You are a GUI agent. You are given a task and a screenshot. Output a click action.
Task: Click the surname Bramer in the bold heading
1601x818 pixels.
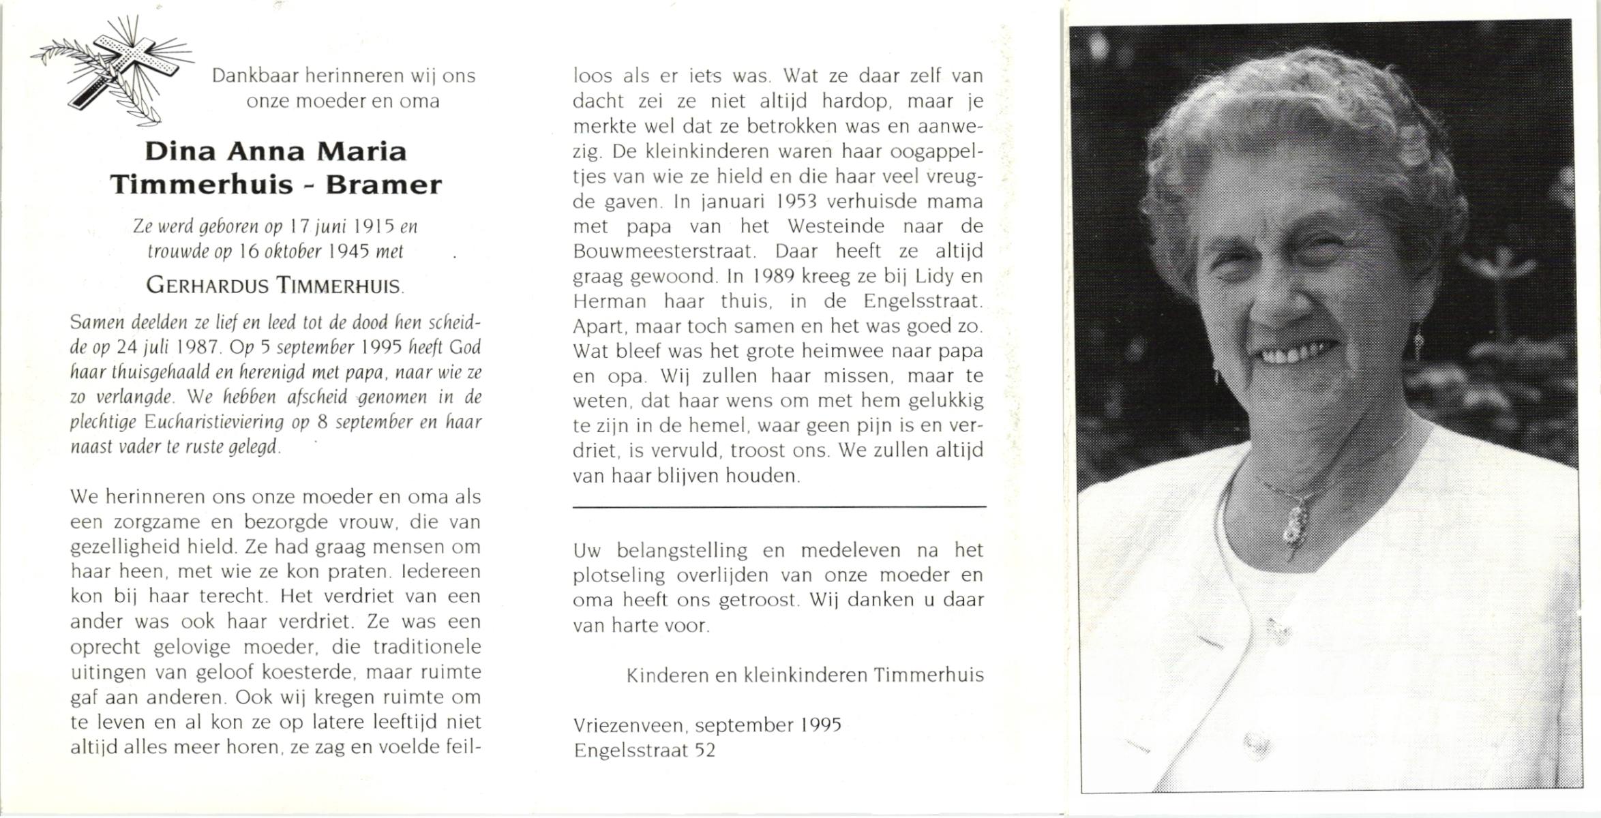[383, 185]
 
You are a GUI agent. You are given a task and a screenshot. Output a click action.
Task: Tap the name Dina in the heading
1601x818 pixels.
[179, 151]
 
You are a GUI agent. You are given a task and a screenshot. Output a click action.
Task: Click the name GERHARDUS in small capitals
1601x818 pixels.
[207, 286]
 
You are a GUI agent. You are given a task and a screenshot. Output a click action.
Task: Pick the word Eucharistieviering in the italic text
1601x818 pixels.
[214, 422]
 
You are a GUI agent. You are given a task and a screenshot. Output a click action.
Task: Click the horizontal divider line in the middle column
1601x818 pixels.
[779, 507]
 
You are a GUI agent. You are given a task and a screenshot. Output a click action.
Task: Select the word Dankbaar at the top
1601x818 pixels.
[254, 76]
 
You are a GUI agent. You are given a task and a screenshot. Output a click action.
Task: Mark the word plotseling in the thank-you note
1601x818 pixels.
[618, 575]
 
